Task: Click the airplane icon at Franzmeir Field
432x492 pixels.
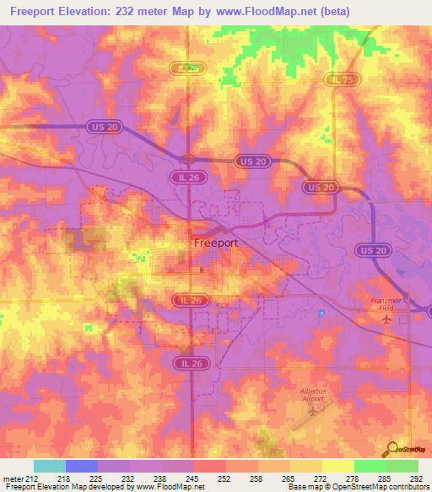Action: point(387,319)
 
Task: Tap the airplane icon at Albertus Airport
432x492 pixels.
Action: point(313,411)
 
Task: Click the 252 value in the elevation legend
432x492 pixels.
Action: point(226,478)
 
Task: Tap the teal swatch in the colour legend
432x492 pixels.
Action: point(50,466)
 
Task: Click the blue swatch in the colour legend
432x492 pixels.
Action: point(82,466)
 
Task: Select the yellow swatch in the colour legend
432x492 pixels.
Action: point(337,466)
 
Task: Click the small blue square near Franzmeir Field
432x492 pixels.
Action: point(321,312)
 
